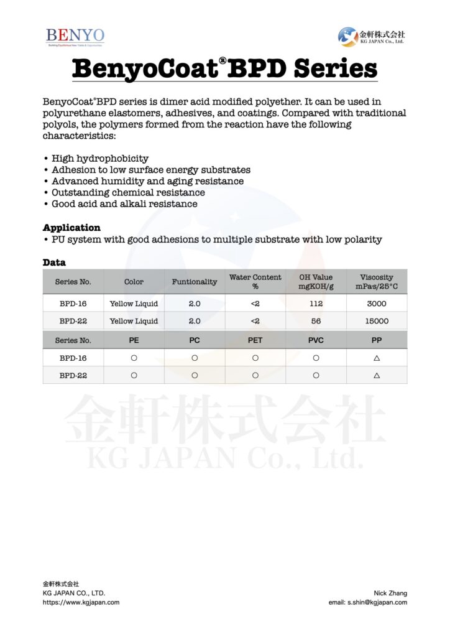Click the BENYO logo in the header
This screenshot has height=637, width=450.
click(x=75, y=36)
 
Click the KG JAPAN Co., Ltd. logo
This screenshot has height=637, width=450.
click(x=371, y=36)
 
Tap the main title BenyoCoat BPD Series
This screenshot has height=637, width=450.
click(x=224, y=68)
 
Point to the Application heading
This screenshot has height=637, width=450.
click(x=71, y=228)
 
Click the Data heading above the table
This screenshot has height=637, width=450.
click(x=54, y=263)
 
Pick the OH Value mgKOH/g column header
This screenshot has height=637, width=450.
click(x=316, y=281)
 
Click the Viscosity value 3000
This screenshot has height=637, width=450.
click(x=377, y=304)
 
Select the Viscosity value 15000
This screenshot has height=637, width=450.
click(x=377, y=321)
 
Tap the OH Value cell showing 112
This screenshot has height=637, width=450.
click(x=316, y=304)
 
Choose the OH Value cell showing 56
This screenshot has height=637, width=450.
click(x=316, y=321)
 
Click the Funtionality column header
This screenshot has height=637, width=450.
click(x=195, y=282)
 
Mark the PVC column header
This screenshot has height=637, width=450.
click(x=316, y=340)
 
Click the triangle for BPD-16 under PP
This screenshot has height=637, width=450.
click(x=377, y=358)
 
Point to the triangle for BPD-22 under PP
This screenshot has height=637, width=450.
click(x=377, y=376)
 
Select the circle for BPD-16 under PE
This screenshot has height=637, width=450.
click(x=134, y=358)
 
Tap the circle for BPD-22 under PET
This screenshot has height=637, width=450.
click(x=255, y=376)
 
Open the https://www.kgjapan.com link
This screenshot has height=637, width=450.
click(x=81, y=602)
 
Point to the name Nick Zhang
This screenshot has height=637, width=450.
click(x=390, y=593)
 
